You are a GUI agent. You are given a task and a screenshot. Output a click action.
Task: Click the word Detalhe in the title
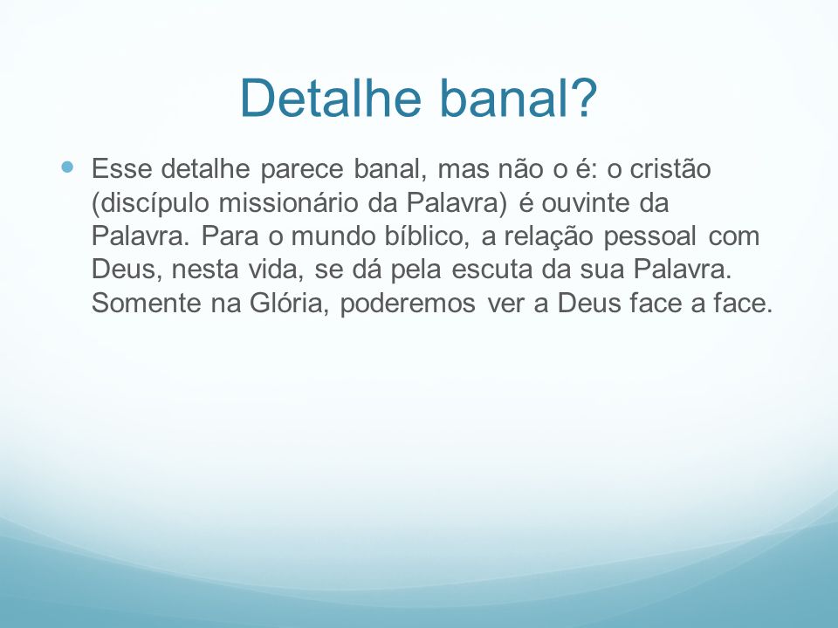(x=331, y=98)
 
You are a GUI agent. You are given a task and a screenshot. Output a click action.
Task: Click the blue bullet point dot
(x=67, y=167)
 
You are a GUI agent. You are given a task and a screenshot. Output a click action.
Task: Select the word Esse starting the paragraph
(x=122, y=168)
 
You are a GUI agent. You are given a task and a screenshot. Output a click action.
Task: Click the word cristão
(x=670, y=168)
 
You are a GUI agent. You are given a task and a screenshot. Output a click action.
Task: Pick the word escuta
(x=491, y=270)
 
